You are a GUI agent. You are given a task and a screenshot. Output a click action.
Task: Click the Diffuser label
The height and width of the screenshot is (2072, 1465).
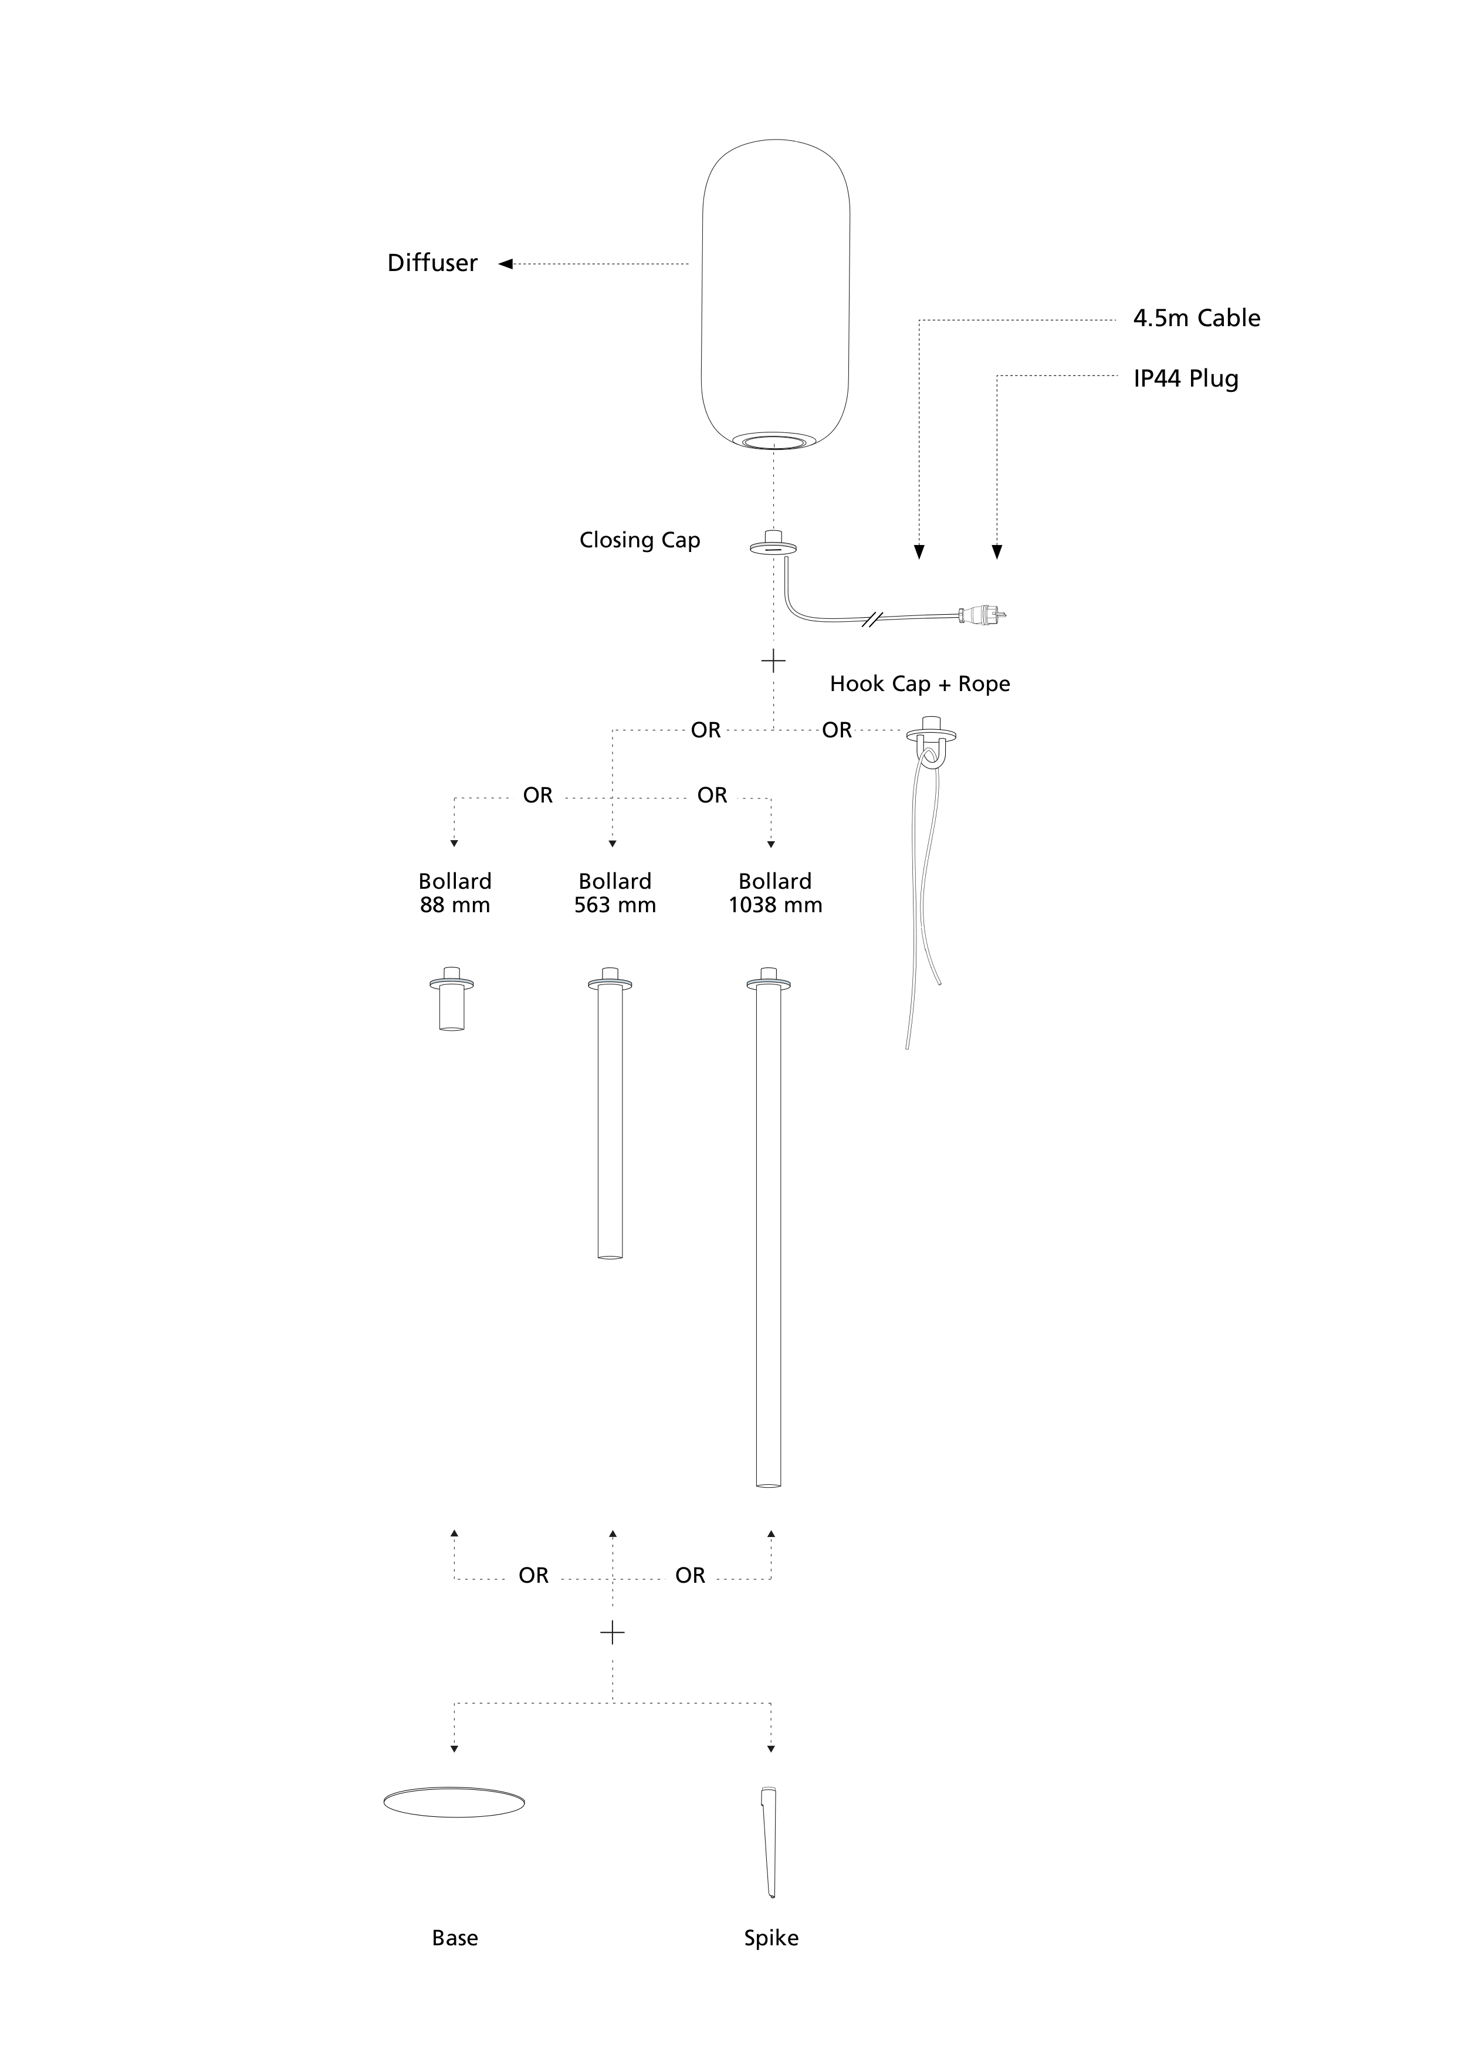pos(432,263)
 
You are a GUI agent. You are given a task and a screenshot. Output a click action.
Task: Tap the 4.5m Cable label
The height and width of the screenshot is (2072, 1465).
pos(1197,317)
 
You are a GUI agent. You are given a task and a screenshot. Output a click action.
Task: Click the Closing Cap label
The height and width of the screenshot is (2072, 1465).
pos(640,540)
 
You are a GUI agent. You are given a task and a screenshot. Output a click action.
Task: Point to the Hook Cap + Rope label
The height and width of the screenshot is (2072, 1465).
pos(920,684)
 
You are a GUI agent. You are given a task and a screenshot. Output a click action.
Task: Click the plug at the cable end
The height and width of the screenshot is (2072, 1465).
pos(982,615)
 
